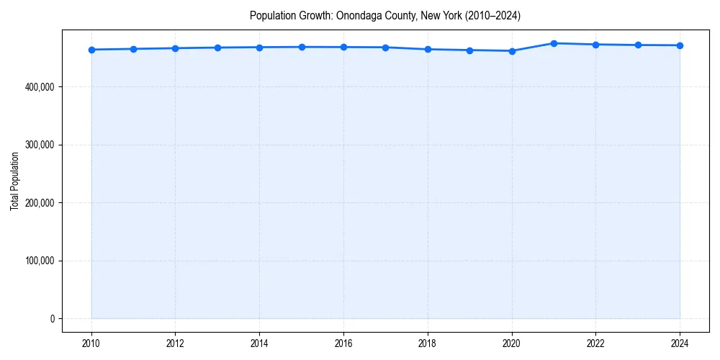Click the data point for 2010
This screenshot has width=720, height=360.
tap(91, 50)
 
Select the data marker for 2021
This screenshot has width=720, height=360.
tap(554, 43)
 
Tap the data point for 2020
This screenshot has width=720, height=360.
tap(512, 51)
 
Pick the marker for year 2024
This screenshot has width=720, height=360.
tap(680, 45)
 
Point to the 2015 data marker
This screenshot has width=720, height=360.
tap(302, 47)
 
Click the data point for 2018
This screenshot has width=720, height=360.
tap(428, 49)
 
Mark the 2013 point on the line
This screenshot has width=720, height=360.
tap(217, 48)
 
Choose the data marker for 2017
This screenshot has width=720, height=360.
tap(386, 48)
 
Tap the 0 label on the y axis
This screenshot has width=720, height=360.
tap(53, 319)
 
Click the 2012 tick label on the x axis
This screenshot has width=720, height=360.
tap(175, 343)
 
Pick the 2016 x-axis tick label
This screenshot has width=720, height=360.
tap(343, 343)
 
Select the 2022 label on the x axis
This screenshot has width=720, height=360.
tap(595, 343)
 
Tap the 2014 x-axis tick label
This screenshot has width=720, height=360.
tap(259, 343)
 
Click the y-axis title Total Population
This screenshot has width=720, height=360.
tap(14, 181)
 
